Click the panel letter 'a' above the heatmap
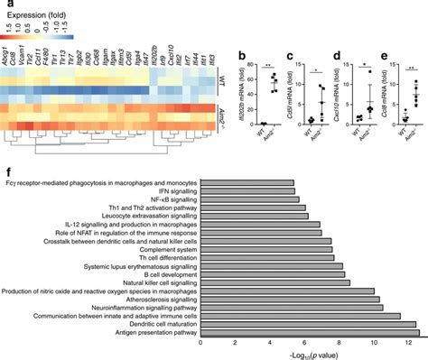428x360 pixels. (7, 6)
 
